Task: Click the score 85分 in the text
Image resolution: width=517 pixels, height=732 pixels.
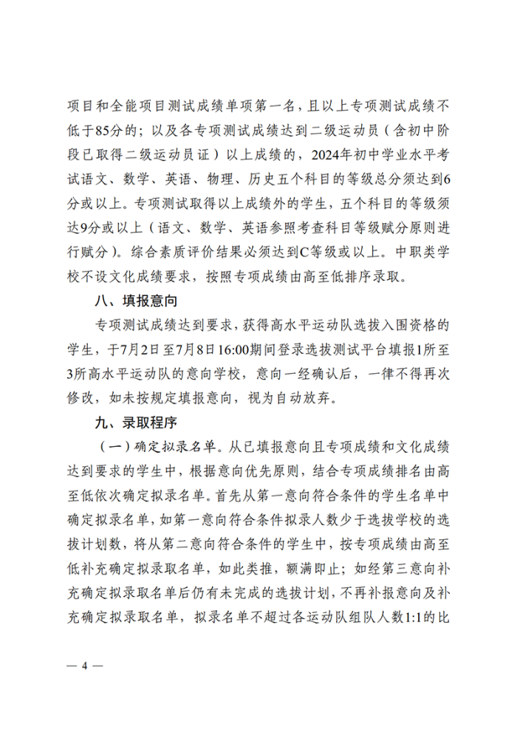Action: pos(107,131)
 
